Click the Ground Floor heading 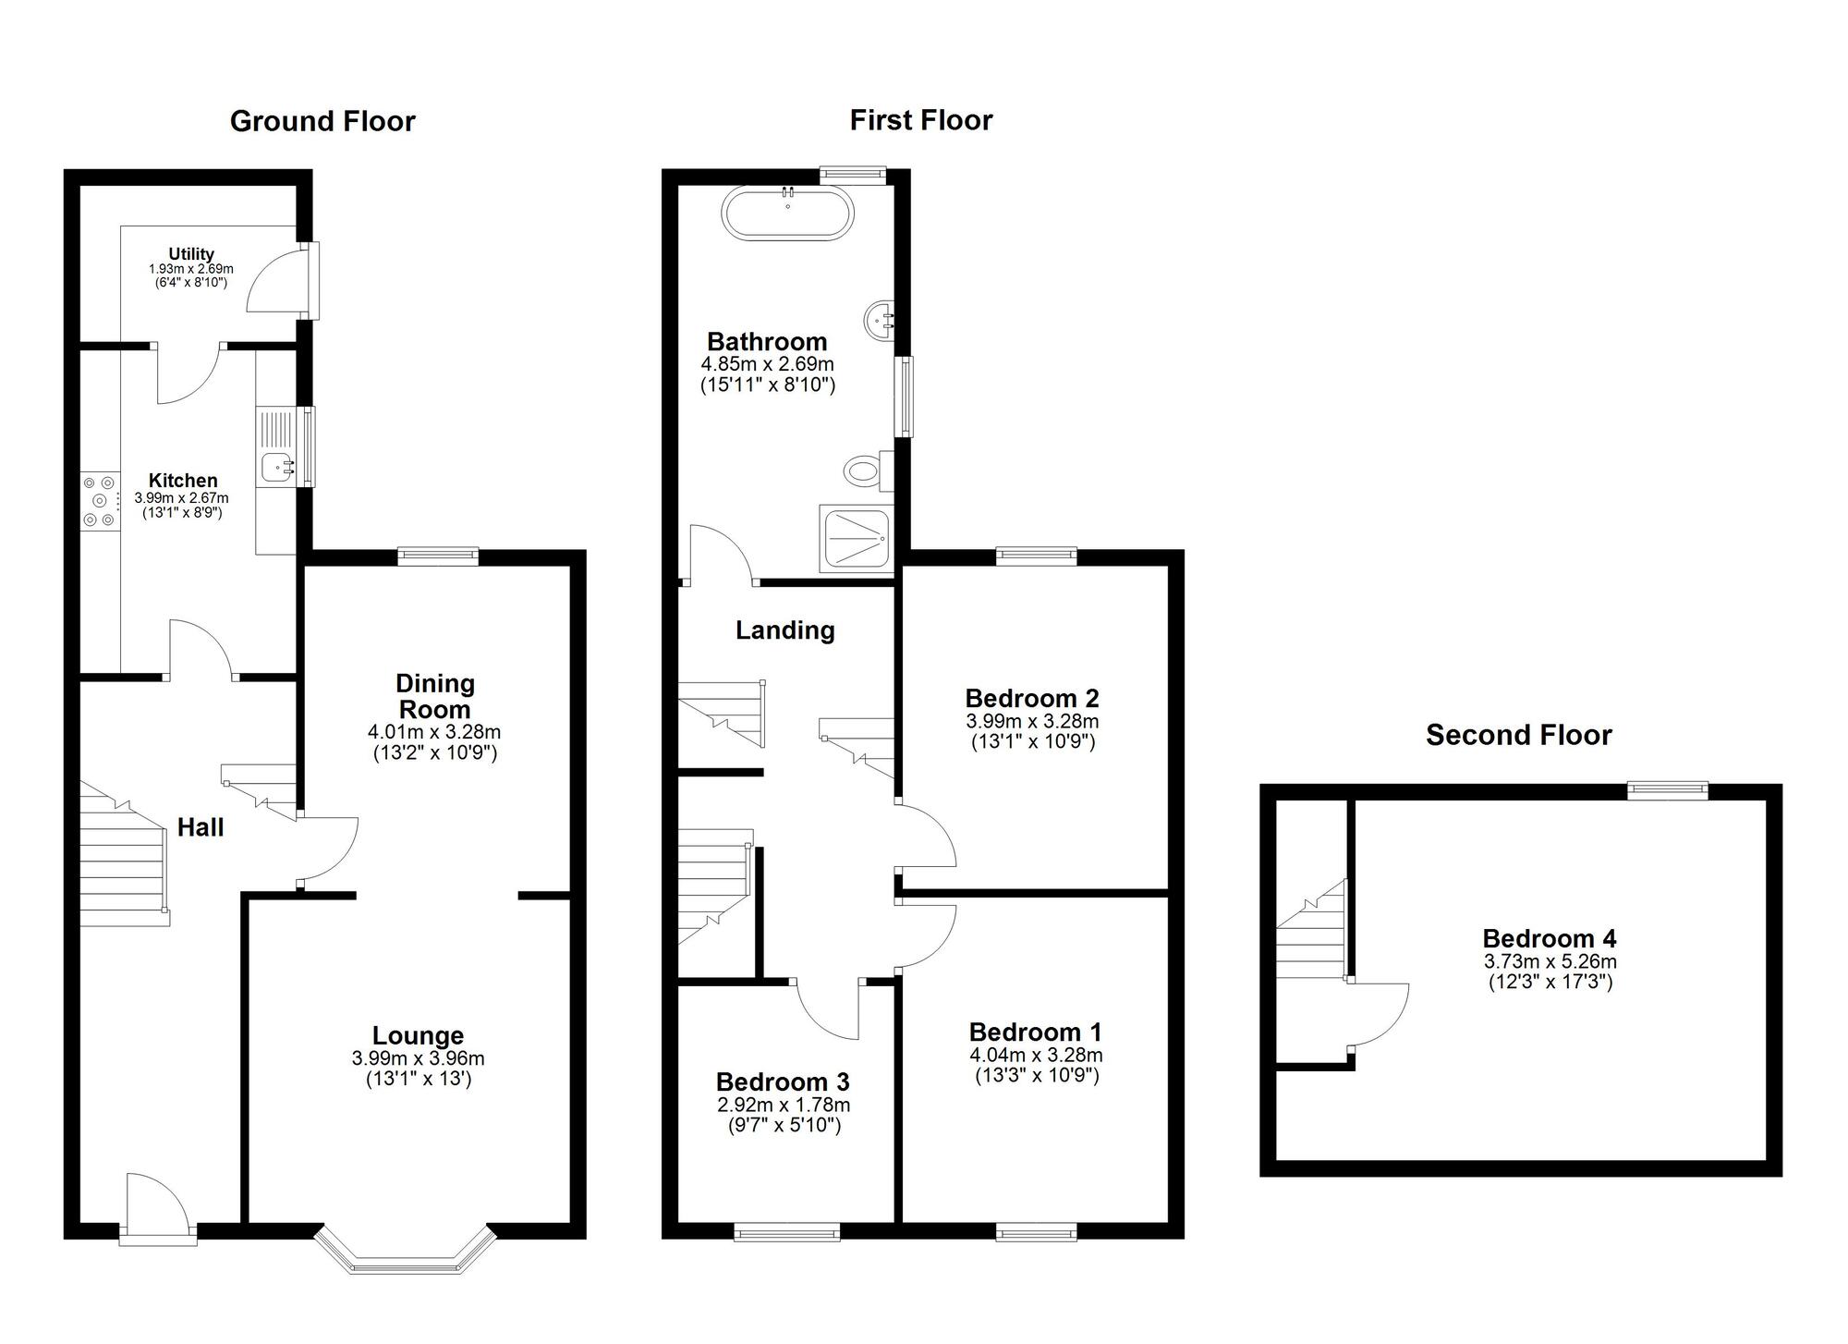coord(322,121)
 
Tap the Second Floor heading coord(1518,735)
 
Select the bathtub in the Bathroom coord(787,214)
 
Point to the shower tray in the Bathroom coord(856,539)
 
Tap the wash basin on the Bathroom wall coord(881,322)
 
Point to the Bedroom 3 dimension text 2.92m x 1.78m coord(784,1105)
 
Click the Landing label coord(784,630)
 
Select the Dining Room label coord(434,696)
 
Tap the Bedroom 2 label coord(1031,698)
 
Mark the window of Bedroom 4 coord(1667,789)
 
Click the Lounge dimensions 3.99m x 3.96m coord(418,1058)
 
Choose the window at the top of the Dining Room coord(438,556)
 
